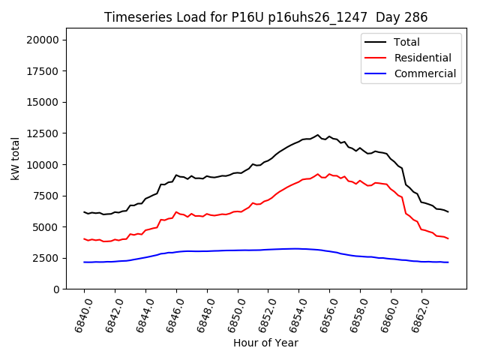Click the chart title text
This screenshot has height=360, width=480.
pos(265,17)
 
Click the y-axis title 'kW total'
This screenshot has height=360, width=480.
pos(16,158)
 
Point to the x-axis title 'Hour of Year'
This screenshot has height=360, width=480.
pos(265,343)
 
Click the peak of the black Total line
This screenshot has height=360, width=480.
pos(318,135)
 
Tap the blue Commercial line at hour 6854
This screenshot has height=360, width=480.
pos(298,248)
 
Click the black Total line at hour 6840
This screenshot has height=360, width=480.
pos(84,212)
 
